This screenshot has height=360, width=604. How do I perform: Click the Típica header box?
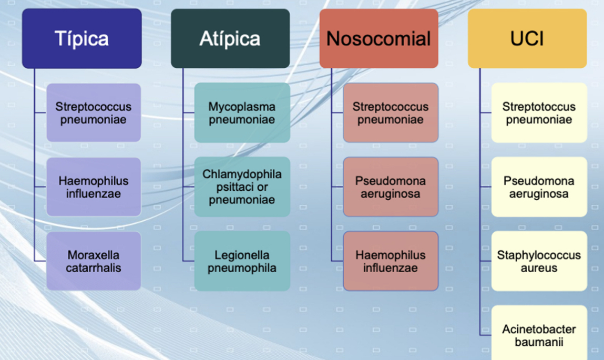pyautogui.click(x=81, y=38)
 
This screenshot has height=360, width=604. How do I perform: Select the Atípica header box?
pyautogui.click(x=230, y=38)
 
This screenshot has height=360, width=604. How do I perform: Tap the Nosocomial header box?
pyautogui.click(x=378, y=38)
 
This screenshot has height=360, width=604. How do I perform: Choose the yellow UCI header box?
pyautogui.click(x=527, y=38)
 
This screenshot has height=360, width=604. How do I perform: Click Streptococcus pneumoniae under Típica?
pyautogui.click(x=94, y=112)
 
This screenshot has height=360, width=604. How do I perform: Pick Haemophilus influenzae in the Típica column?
pyautogui.click(x=94, y=187)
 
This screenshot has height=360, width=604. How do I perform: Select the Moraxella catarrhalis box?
pyautogui.click(x=94, y=261)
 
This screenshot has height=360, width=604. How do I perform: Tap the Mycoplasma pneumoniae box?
pyautogui.click(x=242, y=112)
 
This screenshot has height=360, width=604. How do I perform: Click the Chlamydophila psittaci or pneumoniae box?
pyautogui.click(x=242, y=187)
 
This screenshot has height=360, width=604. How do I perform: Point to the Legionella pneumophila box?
pyautogui.click(x=242, y=261)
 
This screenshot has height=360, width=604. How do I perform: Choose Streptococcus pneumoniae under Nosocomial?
pyautogui.click(x=391, y=112)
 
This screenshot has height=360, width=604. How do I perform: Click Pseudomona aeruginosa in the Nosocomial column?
pyautogui.click(x=391, y=187)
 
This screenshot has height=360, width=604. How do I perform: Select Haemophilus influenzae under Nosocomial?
pyautogui.click(x=391, y=261)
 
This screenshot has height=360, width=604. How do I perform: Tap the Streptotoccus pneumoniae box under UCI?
pyautogui.click(x=539, y=112)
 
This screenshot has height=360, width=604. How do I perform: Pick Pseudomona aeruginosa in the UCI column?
pyautogui.click(x=539, y=187)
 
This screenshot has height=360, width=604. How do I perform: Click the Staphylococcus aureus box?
pyautogui.click(x=539, y=261)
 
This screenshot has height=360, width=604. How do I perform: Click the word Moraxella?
pyautogui.click(x=94, y=255)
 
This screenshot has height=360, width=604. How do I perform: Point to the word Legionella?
pyautogui.click(x=242, y=255)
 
